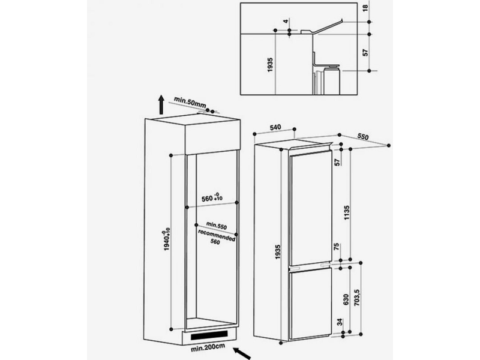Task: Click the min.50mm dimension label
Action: click(190, 100)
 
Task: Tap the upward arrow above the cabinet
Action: click(161, 104)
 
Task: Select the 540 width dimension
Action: click(277, 127)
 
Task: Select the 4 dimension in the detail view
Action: click(287, 23)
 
